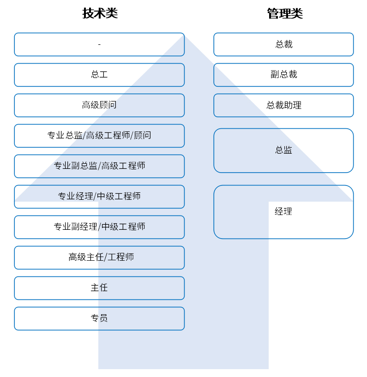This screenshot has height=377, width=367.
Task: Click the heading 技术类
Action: coord(100,13)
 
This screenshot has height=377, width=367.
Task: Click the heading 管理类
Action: coord(285,13)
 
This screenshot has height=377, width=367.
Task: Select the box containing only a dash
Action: coord(99,44)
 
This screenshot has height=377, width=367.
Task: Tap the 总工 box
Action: coord(99,75)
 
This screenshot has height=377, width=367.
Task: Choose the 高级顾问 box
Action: coord(99,105)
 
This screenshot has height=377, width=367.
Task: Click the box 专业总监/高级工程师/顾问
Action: coord(99,136)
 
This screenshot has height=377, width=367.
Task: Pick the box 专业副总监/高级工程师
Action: coord(99,166)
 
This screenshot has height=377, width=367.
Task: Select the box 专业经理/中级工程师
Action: coord(99,197)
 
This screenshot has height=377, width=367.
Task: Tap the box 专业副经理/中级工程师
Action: coord(99,227)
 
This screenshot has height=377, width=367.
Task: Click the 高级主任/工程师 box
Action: coord(99,257)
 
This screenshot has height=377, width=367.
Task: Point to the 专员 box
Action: coord(99,318)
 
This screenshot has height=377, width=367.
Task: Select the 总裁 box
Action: coord(283,44)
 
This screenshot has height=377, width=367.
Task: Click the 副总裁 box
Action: coord(283,75)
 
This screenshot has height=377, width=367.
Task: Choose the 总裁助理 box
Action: coord(283,105)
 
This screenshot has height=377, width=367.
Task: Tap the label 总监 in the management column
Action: coord(283,150)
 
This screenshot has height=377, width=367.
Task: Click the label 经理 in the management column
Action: coord(283,211)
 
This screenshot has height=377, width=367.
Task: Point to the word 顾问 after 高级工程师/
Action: coord(142,135)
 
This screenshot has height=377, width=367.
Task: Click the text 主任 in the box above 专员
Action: coord(99,287)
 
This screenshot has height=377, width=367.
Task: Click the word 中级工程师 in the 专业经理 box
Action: coord(119,196)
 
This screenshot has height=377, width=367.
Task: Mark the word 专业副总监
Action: coord(76,166)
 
